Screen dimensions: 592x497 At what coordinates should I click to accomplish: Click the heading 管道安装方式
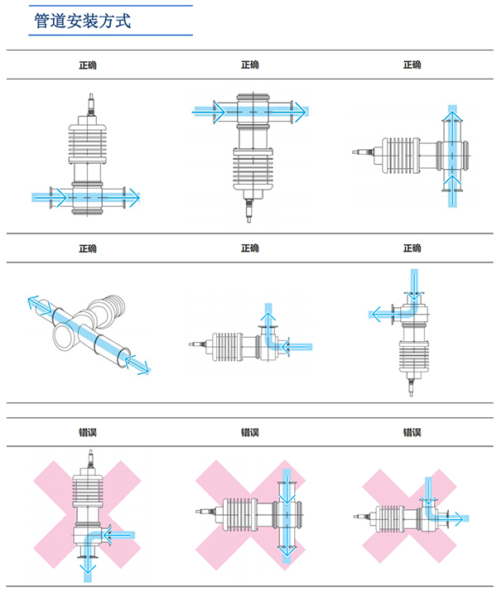[x=82, y=21]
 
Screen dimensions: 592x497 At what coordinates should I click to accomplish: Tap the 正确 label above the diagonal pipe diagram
[x=88, y=248]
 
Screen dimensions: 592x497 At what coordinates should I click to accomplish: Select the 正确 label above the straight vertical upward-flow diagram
[x=412, y=65]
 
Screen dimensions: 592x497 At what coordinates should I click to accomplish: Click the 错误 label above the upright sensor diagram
[x=88, y=432]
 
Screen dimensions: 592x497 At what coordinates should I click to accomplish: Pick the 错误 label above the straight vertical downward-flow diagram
[x=249, y=432]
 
